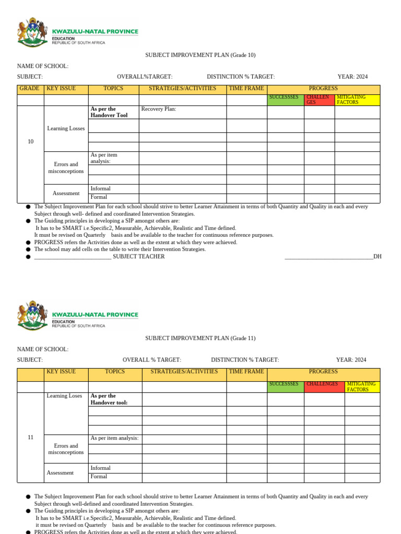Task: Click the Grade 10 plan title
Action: pos(200,55)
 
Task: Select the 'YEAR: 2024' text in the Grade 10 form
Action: pos(352,77)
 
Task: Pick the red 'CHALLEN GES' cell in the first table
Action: pos(319,100)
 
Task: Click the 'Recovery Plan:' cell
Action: pos(159,109)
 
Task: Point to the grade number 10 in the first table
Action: pos(31,141)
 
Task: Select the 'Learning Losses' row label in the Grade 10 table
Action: pos(66,128)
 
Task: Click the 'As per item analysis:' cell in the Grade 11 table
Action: pos(114,438)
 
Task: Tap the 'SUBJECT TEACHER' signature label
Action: pos(138,257)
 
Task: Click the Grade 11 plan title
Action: pos(200,338)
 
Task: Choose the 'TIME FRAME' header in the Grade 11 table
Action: pos(246,372)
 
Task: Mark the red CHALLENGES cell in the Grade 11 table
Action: pos(324,384)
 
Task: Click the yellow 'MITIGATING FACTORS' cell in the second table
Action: pos(361,386)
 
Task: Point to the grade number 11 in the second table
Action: pos(31,437)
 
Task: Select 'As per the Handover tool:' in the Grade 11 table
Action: pos(109,399)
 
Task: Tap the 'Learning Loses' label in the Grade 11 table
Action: pos(64,396)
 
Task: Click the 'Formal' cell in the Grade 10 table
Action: pos(99,197)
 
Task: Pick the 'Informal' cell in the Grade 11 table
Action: pos(100,468)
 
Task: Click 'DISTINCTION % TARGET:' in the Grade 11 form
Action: pos(245,360)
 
